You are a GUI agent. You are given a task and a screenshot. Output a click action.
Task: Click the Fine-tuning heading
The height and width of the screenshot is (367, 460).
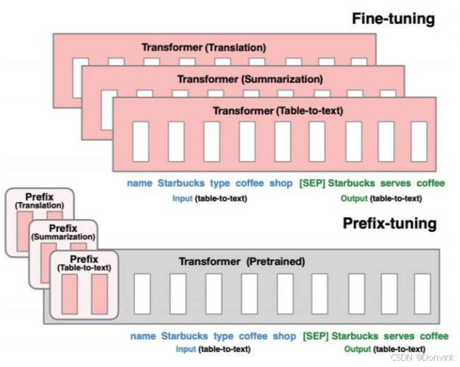click(394, 18)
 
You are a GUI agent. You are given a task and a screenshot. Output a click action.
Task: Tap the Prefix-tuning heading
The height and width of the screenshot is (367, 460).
click(389, 224)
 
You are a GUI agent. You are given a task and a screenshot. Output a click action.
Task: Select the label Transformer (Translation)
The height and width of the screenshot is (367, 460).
click(204, 47)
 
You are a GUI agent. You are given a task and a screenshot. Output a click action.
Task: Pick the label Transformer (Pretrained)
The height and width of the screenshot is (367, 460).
click(242, 262)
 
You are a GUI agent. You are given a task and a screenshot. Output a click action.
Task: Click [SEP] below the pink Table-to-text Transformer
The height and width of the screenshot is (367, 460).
click(311, 184)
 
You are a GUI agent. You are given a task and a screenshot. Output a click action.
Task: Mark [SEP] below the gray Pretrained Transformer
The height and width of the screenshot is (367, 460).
click(315, 336)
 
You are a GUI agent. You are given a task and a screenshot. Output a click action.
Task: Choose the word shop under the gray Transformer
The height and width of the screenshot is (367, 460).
click(284, 336)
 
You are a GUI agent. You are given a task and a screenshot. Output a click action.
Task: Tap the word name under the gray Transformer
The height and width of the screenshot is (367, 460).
click(143, 336)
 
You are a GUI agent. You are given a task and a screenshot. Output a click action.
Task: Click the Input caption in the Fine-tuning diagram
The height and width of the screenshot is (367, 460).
click(210, 199)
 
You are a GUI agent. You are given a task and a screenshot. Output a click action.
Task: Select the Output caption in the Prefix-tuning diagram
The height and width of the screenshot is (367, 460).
click(385, 349)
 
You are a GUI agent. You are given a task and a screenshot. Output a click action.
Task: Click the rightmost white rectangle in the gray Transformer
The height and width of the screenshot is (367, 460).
click(422, 293)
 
